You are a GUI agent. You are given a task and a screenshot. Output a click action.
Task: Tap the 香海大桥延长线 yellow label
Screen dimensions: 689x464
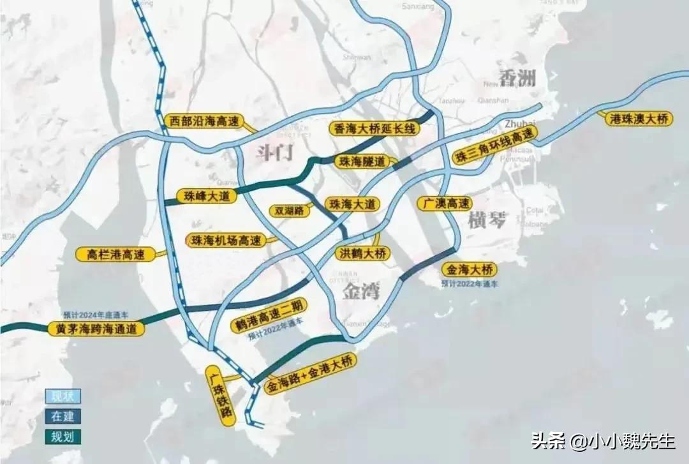tap(375, 129)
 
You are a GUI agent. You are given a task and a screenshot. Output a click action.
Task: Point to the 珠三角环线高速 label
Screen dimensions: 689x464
tap(495, 145)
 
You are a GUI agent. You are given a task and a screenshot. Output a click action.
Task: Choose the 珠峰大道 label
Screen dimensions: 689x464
tap(206, 196)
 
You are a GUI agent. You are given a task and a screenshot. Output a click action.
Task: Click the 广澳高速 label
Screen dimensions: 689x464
tap(445, 203)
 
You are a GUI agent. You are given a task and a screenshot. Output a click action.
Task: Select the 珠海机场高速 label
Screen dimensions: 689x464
tap(227, 241)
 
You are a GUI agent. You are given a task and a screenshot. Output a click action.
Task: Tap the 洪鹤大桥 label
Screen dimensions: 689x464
tap(362, 253)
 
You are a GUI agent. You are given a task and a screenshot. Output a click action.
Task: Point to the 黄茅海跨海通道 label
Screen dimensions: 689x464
tap(96, 329)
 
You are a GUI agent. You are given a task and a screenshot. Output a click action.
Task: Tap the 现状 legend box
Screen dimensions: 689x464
tap(63, 396)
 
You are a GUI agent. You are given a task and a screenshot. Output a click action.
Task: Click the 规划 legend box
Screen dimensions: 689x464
tap(63, 437)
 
